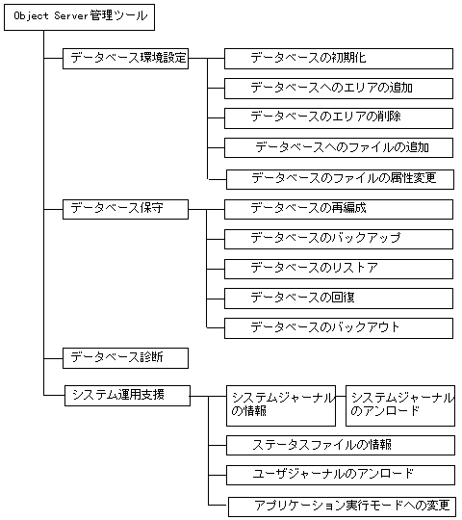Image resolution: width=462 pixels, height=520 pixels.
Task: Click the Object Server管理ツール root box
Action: pos(80,18)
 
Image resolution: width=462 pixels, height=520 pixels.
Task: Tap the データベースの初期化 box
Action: pos(338,58)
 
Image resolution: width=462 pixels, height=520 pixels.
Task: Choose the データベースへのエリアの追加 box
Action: pos(338,88)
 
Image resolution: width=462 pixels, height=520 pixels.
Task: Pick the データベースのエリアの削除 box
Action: pos(338,117)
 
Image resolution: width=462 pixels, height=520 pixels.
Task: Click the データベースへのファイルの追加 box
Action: pos(338,147)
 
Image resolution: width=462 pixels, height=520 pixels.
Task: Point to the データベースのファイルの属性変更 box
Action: pos(338,178)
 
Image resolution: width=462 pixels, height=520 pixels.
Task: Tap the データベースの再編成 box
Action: pos(338,208)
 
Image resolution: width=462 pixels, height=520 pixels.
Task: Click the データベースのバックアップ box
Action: pos(338,238)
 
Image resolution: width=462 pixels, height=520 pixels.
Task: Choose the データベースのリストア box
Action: pos(338,268)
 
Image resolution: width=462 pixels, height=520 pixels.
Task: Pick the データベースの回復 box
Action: pos(338,298)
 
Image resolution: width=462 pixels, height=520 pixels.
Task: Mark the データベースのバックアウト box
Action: pos(338,327)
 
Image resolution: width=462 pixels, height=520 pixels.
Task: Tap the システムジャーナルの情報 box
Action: pos(281,405)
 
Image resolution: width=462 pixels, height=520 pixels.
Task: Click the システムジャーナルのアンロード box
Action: pos(400,405)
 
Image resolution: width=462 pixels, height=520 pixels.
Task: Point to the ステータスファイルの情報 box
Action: pos(340,445)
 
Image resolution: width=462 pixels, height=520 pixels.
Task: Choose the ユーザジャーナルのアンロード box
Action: pos(340,475)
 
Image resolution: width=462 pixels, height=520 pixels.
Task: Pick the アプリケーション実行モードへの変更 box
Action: pos(340,506)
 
